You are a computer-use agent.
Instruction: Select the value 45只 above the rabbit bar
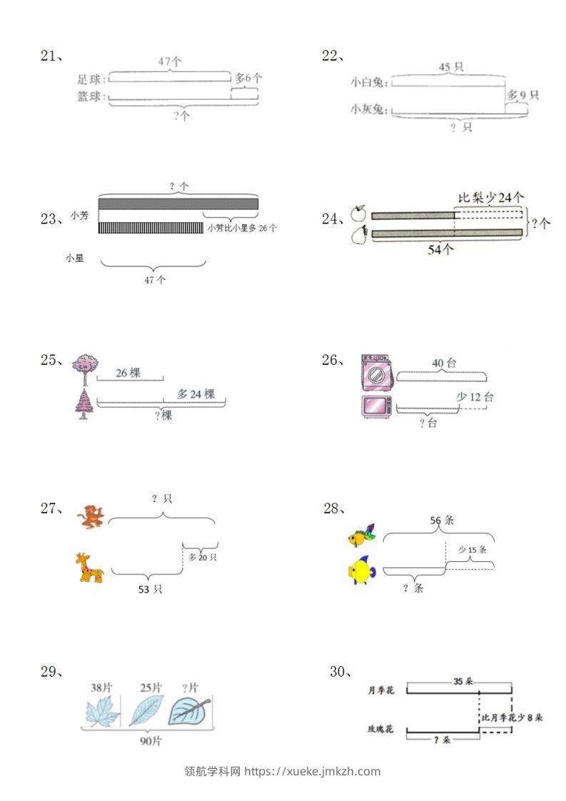tap(450, 67)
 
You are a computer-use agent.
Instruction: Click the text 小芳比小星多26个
tap(242, 228)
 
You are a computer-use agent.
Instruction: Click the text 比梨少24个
tap(491, 197)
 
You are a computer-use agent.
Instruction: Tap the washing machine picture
tap(376, 371)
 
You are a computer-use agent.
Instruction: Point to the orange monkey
tap(91, 516)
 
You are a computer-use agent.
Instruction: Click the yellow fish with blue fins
tap(360, 570)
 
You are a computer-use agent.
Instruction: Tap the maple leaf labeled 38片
tap(103, 711)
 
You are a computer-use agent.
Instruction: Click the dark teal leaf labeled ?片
tap(189, 710)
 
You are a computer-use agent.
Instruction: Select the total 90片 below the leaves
tap(151, 741)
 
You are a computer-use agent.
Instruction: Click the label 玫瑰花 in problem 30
tap(380, 730)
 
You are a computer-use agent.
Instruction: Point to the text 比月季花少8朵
tap(512, 717)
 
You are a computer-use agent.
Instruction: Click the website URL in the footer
tap(313, 771)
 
